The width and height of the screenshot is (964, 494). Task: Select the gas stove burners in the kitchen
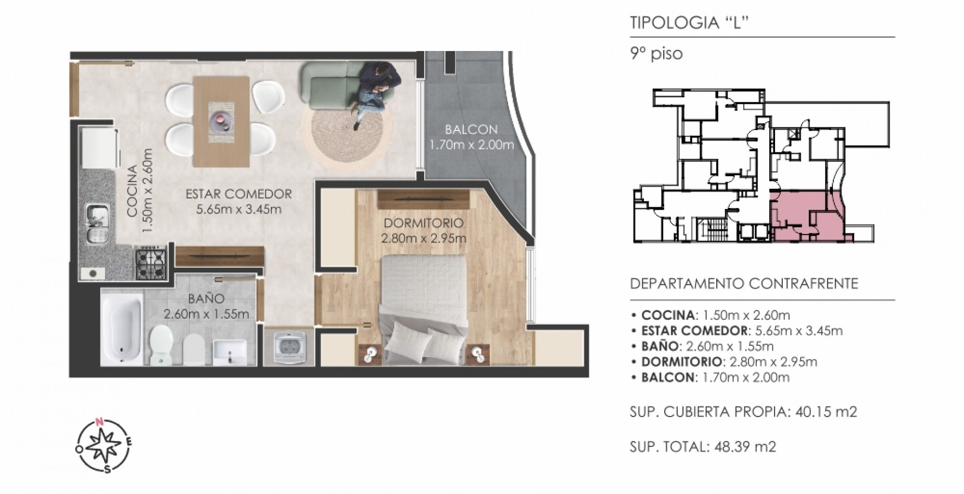(x=151, y=263)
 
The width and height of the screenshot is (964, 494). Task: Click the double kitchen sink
(x=97, y=223)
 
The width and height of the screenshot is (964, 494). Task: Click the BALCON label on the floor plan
(x=471, y=129)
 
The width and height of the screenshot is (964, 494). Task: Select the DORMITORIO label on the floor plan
(x=424, y=224)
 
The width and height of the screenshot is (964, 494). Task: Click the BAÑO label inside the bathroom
(x=206, y=299)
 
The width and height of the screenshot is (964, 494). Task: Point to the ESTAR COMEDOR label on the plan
(x=239, y=194)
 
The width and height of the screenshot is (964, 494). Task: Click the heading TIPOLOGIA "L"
(x=689, y=24)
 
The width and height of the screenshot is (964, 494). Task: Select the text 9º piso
(x=656, y=54)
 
